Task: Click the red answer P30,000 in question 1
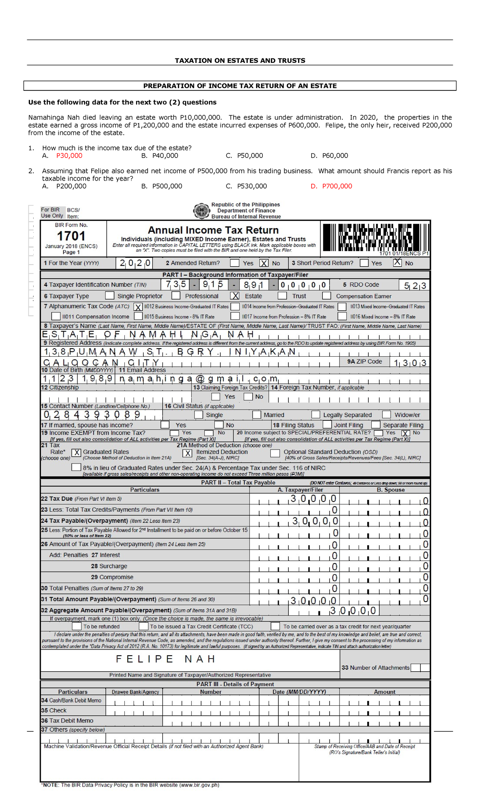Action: click(x=69, y=156)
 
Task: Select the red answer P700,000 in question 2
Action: click(x=337, y=186)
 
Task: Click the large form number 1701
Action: click(x=71, y=236)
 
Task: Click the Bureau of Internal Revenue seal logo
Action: click(x=201, y=211)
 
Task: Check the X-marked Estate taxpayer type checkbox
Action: click(x=235, y=296)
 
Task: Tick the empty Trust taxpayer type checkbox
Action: click(x=282, y=296)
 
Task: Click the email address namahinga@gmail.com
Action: click(x=198, y=379)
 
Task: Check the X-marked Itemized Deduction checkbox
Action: click(x=187, y=453)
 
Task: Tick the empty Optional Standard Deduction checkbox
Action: click(x=275, y=453)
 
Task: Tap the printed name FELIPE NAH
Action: click(x=165, y=659)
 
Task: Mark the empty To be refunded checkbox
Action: click(x=77, y=626)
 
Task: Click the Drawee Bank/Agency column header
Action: click(x=135, y=692)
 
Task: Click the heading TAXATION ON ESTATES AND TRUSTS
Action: click(x=240, y=60)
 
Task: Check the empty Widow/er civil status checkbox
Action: click(x=386, y=414)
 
